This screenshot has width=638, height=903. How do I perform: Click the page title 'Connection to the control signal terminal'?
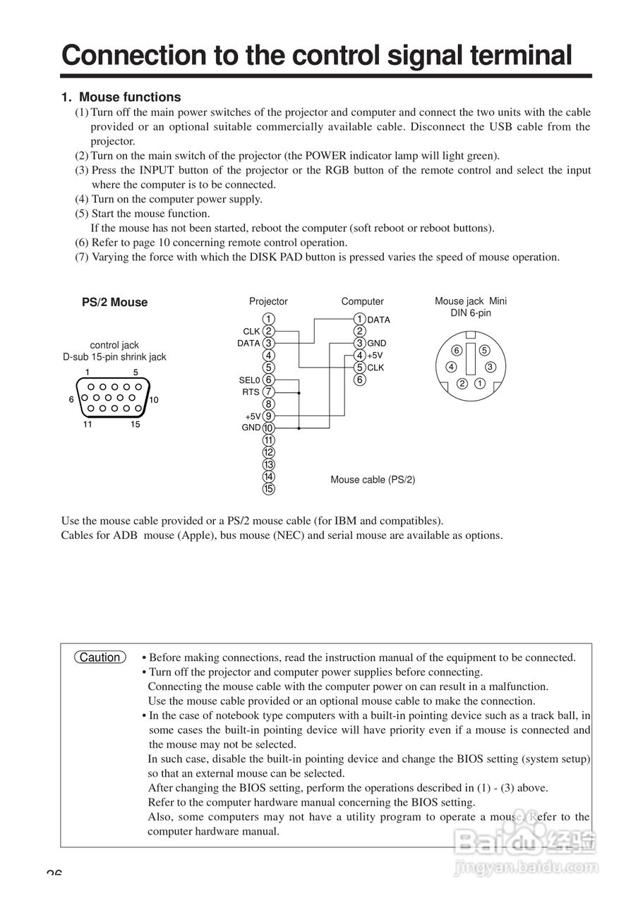tap(316, 55)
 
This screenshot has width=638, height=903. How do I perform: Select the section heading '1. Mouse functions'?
tap(121, 97)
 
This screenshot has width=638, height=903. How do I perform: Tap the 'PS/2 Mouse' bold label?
tap(114, 303)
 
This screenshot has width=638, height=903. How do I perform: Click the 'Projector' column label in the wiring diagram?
tap(268, 301)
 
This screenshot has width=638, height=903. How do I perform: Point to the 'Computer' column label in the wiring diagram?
tap(362, 301)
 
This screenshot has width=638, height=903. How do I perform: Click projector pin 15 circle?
tap(268, 488)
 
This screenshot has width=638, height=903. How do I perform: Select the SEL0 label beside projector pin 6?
tap(250, 380)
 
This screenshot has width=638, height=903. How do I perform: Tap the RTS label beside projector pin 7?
tap(251, 392)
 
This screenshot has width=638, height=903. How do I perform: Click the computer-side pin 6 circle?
tap(359, 380)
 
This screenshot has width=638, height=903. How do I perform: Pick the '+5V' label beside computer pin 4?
tap(375, 356)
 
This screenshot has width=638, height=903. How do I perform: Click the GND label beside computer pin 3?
tap(377, 344)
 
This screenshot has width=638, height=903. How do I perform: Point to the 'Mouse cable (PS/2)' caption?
tap(373, 480)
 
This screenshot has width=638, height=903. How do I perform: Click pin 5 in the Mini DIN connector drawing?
tap(484, 350)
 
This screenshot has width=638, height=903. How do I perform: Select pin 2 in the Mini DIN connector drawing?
tap(462, 384)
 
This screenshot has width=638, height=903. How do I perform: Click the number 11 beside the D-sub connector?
tap(88, 425)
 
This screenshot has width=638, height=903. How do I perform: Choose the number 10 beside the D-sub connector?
tap(154, 400)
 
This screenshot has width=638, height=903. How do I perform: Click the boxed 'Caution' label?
tap(100, 657)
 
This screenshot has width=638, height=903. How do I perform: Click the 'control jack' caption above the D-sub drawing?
tap(114, 345)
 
